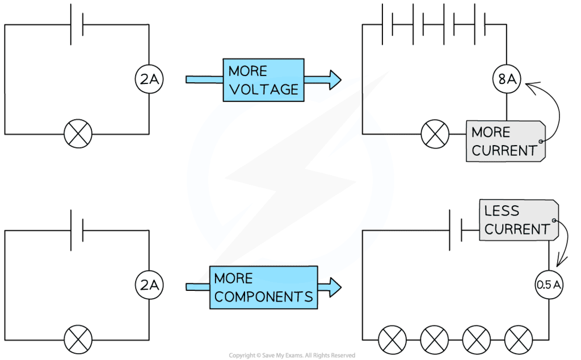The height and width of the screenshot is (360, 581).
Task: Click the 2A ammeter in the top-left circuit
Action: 149,81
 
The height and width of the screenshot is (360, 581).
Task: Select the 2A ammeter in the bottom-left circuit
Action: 149,287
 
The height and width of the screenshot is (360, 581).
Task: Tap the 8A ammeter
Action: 507,81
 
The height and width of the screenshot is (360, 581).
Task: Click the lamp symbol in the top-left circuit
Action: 78,134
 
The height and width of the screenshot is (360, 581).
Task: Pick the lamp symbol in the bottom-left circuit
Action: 78,340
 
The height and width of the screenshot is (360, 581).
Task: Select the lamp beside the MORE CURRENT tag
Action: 435,134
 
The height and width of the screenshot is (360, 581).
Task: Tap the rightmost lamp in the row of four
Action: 519,340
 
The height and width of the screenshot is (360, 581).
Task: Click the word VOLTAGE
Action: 263,89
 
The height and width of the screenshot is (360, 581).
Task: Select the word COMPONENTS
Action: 264,296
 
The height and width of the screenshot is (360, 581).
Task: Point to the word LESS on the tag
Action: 502,211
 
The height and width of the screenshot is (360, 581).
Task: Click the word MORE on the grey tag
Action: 491,132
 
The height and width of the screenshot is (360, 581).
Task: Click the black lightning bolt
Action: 289,176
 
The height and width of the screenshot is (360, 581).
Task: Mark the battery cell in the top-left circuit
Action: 77,25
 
